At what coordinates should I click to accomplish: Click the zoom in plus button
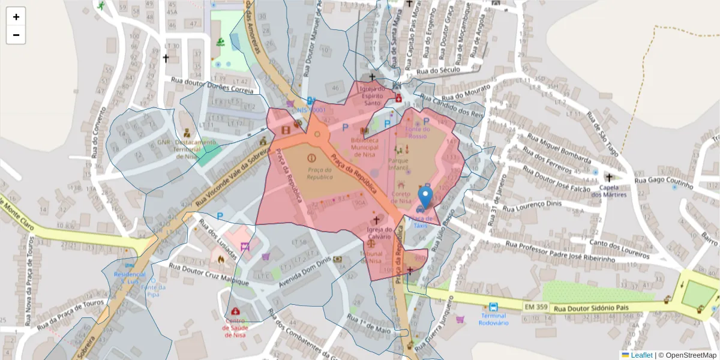pos(16,17)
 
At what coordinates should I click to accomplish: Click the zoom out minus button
pos(16,35)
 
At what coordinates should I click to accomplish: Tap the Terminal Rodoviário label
pos(493,319)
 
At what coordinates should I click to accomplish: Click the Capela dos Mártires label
pos(609,191)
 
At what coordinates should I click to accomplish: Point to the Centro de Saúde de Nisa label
pos(235,328)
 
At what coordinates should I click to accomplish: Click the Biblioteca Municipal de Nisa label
pos(364,146)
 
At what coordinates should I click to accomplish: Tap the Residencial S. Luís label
pos(130,277)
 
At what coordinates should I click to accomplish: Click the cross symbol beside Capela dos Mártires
pos(609,178)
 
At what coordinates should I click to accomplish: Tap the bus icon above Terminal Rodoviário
pos(493,306)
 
